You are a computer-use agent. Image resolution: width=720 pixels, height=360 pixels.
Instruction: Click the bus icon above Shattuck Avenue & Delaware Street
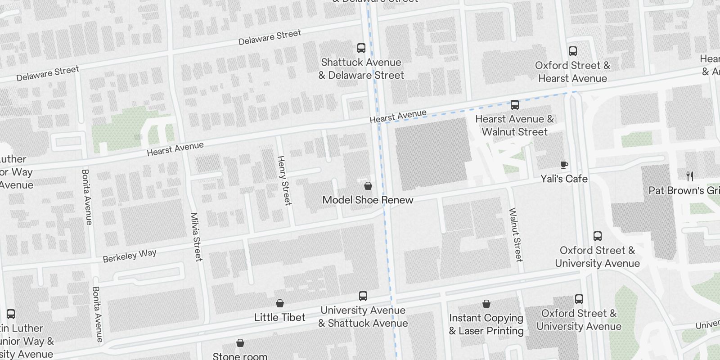coord(361,48)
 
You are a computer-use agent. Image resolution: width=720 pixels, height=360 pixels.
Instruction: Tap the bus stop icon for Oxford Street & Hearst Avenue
coord(572,51)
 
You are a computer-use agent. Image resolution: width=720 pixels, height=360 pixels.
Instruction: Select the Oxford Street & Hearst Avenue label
coord(572,72)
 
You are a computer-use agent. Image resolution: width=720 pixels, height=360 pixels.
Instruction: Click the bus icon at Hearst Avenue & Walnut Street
coord(515,105)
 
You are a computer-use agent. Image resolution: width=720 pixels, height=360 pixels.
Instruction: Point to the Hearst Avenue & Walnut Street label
coord(515,126)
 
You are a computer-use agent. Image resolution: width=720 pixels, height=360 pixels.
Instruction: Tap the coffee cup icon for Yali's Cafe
coord(564,165)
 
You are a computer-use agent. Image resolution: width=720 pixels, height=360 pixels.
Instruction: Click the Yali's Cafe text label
coord(564,179)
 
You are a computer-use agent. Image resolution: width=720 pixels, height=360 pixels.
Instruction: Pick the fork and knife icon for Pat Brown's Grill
coord(690,176)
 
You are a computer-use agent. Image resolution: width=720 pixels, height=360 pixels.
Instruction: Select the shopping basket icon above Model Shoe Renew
coord(368,186)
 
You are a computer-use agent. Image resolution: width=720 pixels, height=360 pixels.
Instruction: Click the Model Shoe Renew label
coord(368,200)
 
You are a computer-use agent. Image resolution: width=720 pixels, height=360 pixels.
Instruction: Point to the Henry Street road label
coord(284,180)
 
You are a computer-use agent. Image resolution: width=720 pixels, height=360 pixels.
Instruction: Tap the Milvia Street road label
coord(196,237)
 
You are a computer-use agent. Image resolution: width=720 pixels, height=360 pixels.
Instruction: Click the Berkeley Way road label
coord(130,256)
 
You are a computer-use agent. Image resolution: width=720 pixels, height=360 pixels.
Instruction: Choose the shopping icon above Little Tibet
coord(280,303)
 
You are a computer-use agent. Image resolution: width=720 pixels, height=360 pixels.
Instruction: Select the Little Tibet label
coord(280,317)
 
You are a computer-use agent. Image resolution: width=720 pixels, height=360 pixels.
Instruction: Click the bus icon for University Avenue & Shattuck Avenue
coord(363,296)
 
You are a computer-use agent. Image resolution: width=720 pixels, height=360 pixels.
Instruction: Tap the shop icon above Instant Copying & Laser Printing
coord(486,304)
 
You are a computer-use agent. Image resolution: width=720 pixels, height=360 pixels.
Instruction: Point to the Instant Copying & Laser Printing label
coord(486,324)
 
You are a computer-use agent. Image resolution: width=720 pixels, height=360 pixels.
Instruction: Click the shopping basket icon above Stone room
coord(240,343)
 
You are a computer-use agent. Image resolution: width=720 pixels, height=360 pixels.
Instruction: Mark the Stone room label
coord(240,356)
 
